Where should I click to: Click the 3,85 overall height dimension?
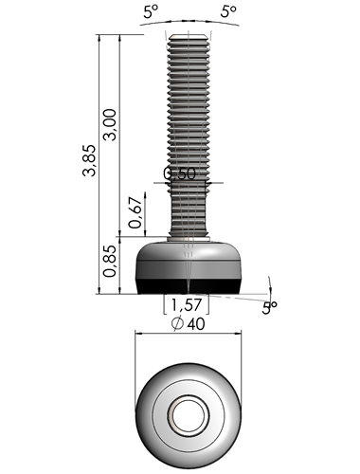pyautogui.click(x=89, y=160)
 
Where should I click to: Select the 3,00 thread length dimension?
pyautogui.click(x=110, y=124)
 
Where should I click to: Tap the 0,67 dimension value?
pyautogui.click(x=135, y=212)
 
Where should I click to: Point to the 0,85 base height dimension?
pyautogui.click(x=110, y=261)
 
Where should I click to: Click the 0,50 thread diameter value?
pyautogui.click(x=179, y=173)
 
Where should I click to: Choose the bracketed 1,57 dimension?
pyautogui.click(x=187, y=304)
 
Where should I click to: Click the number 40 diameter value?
pyautogui.click(x=196, y=324)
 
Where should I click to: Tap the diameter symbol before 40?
pyautogui.click(x=177, y=324)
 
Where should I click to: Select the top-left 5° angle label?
pyautogui.click(x=151, y=12)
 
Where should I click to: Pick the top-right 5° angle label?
pyautogui.click(x=228, y=12)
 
